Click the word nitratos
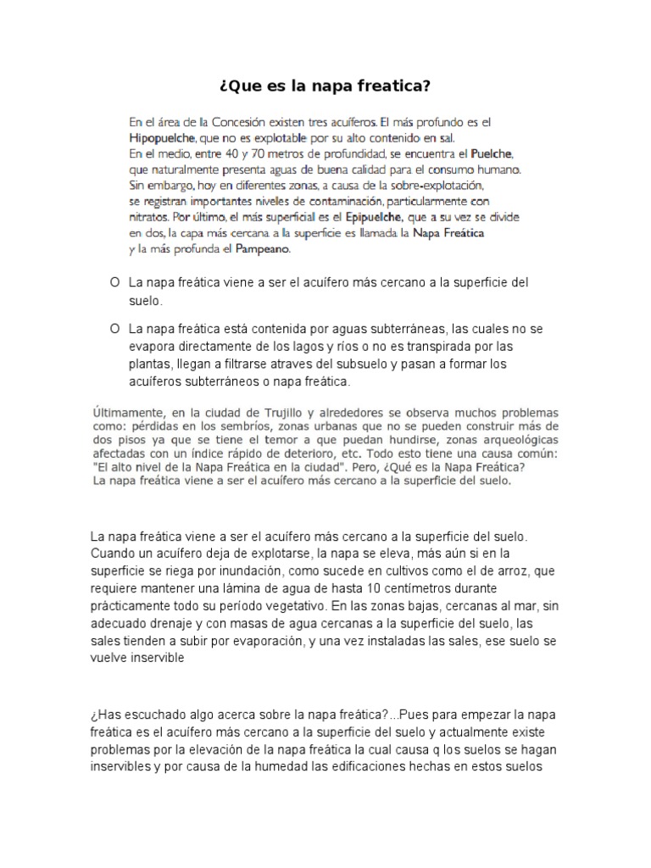[x=149, y=217]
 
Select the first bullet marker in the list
[x=113, y=281]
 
